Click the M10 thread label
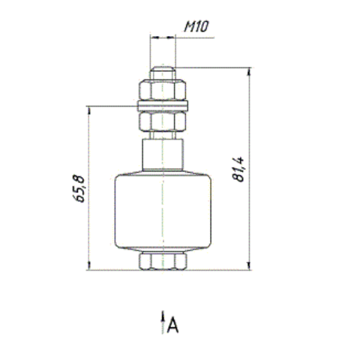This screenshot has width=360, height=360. pos(196,26)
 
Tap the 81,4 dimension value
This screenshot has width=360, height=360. pos(238,169)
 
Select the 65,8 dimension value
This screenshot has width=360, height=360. pos(79,188)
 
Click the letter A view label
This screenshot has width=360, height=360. pos(172,325)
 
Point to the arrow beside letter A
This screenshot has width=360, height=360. pos(163,322)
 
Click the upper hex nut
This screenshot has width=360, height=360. pos(163,90)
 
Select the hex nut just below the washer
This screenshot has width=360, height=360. pos(163,121)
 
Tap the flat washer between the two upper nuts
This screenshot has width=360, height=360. pos(163,106)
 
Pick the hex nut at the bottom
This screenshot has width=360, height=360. pos(163,261)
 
